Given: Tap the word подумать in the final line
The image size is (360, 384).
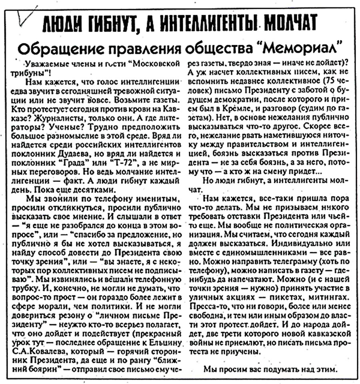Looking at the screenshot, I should click(268, 368).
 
